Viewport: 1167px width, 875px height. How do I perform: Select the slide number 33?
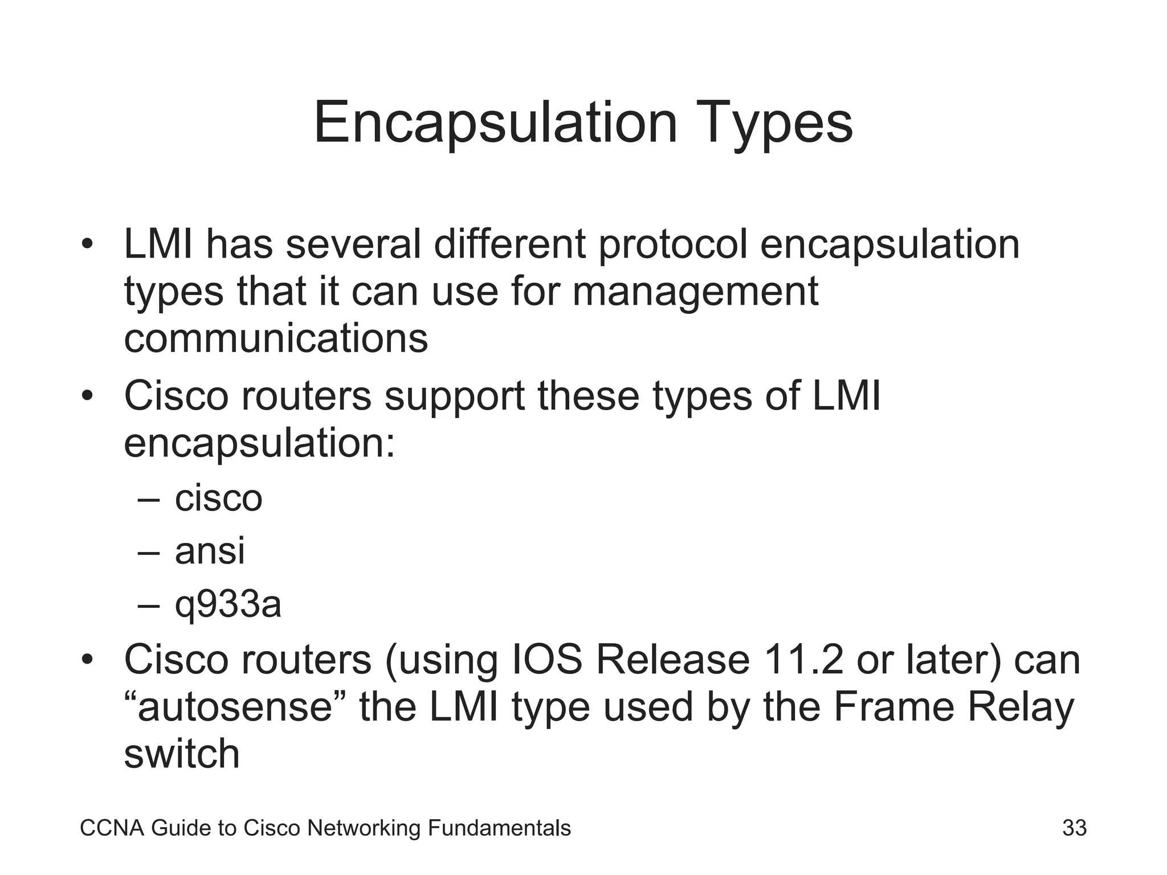point(1074,828)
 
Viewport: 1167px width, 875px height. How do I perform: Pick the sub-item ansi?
point(210,551)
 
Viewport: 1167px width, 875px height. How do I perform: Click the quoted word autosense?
point(235,707)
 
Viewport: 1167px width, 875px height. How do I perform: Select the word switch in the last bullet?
point(182,754)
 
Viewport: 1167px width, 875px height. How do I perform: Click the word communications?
point(276,338)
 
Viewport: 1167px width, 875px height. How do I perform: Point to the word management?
point(695,292)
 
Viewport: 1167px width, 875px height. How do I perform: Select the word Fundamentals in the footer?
point(499,828)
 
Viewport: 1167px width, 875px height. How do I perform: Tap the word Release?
point(673,660)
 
